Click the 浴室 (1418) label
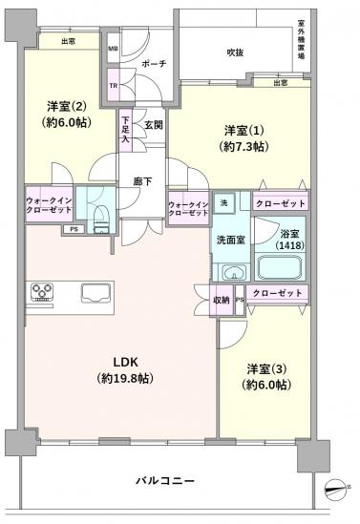coord(288,240)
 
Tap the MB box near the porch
coord(114,48)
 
